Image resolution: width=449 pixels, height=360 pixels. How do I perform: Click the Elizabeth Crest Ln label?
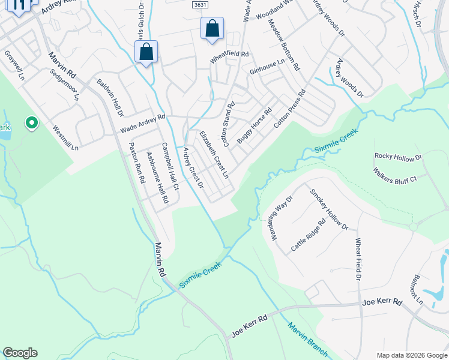point(214,154)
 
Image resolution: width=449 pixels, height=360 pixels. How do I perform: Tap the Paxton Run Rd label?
point(137,163)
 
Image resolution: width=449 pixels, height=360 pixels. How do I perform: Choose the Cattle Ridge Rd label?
point(308,235)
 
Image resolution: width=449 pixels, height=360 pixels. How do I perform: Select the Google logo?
point(20,353)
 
